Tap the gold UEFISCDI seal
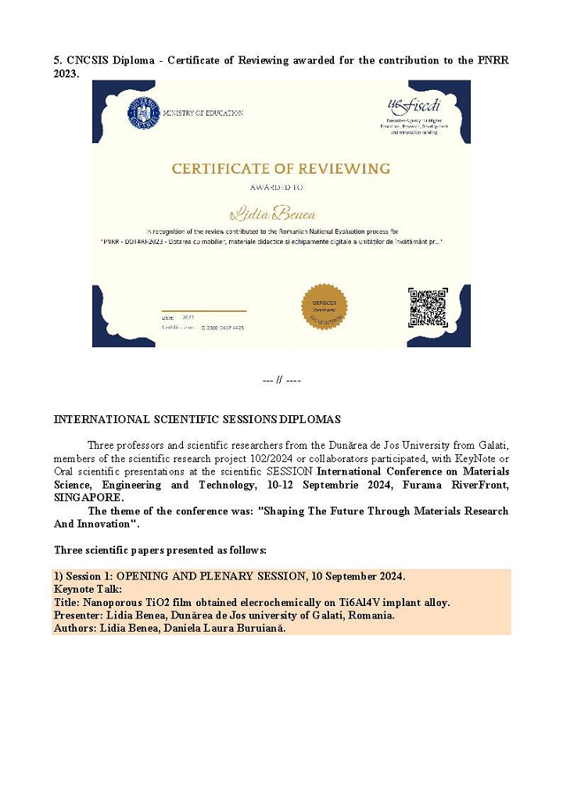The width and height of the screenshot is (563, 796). coord(324,307)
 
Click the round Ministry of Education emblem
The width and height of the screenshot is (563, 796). coord(143,114)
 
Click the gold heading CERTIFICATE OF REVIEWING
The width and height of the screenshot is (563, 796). coord(281,168)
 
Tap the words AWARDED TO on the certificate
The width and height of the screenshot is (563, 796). coord(278,188)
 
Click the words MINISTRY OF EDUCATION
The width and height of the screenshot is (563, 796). coord(203,113)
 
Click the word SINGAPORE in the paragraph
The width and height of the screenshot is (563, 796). coord(88,497)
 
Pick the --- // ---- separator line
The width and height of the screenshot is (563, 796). coord(281,380)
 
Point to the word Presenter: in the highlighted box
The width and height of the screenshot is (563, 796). coord(80,615)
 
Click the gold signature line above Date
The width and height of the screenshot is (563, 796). coord(203,311)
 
